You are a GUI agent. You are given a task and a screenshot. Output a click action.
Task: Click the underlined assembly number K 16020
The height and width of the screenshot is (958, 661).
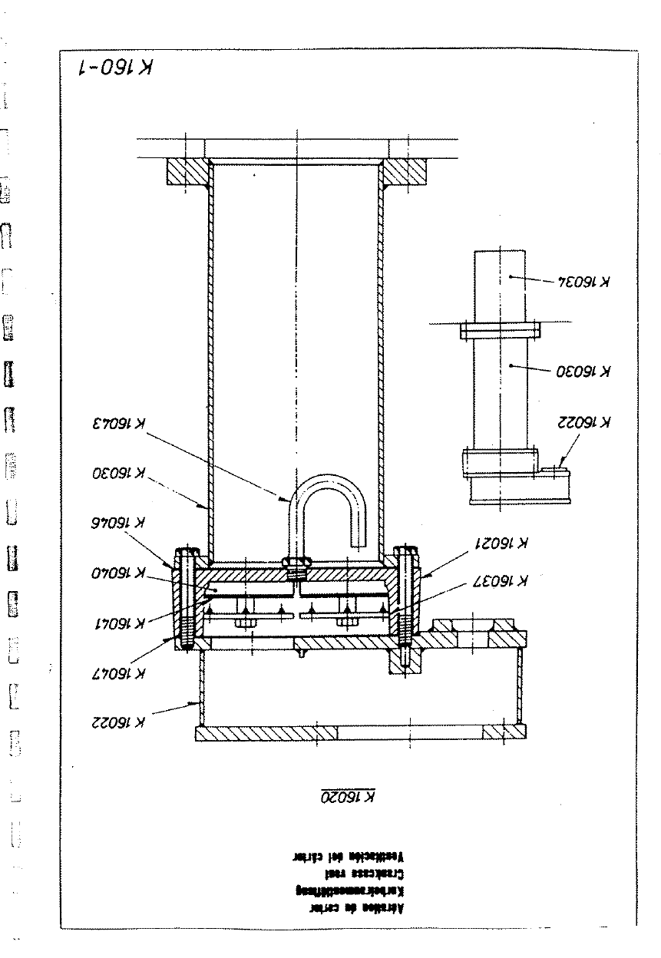click(x=347, y=798)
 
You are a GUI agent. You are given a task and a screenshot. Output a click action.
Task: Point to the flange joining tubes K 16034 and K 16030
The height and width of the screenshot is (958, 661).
click(x=501, y=331)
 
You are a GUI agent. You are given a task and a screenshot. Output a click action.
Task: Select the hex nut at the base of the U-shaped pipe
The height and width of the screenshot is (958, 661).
click(x=296, y=564)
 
